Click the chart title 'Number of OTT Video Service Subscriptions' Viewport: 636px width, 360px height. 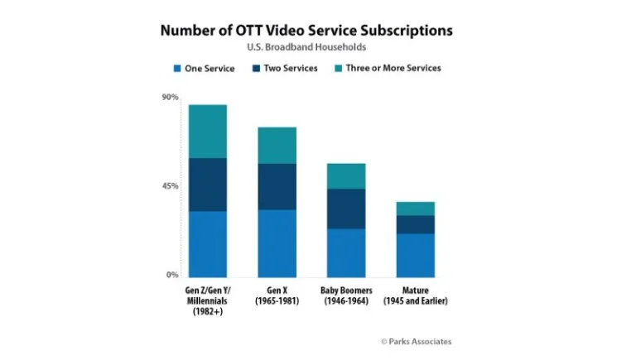click(306, 31)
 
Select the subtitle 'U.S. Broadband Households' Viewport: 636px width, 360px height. click(306, 47)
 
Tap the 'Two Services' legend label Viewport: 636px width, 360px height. click(290, 69)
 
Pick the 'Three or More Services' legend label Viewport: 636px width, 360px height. click(393, 69)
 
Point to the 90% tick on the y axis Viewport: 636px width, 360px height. click(170, 98)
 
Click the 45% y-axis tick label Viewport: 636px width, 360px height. click(170, 186)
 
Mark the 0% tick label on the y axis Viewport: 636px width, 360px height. click(172, 275)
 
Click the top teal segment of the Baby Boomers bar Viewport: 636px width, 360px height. click(346, 175)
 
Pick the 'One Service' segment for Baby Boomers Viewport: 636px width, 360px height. click(346, 252)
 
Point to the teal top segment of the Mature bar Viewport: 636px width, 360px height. click(415, 209)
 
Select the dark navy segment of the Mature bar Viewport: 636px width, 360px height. click(415, 224)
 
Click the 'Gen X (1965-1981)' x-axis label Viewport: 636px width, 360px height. click(277, 295)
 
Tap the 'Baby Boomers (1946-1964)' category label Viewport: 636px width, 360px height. click(346, 295)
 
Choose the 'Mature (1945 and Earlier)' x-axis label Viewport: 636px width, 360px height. click(415, 295)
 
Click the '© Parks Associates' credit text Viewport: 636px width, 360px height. click(416, 341)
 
